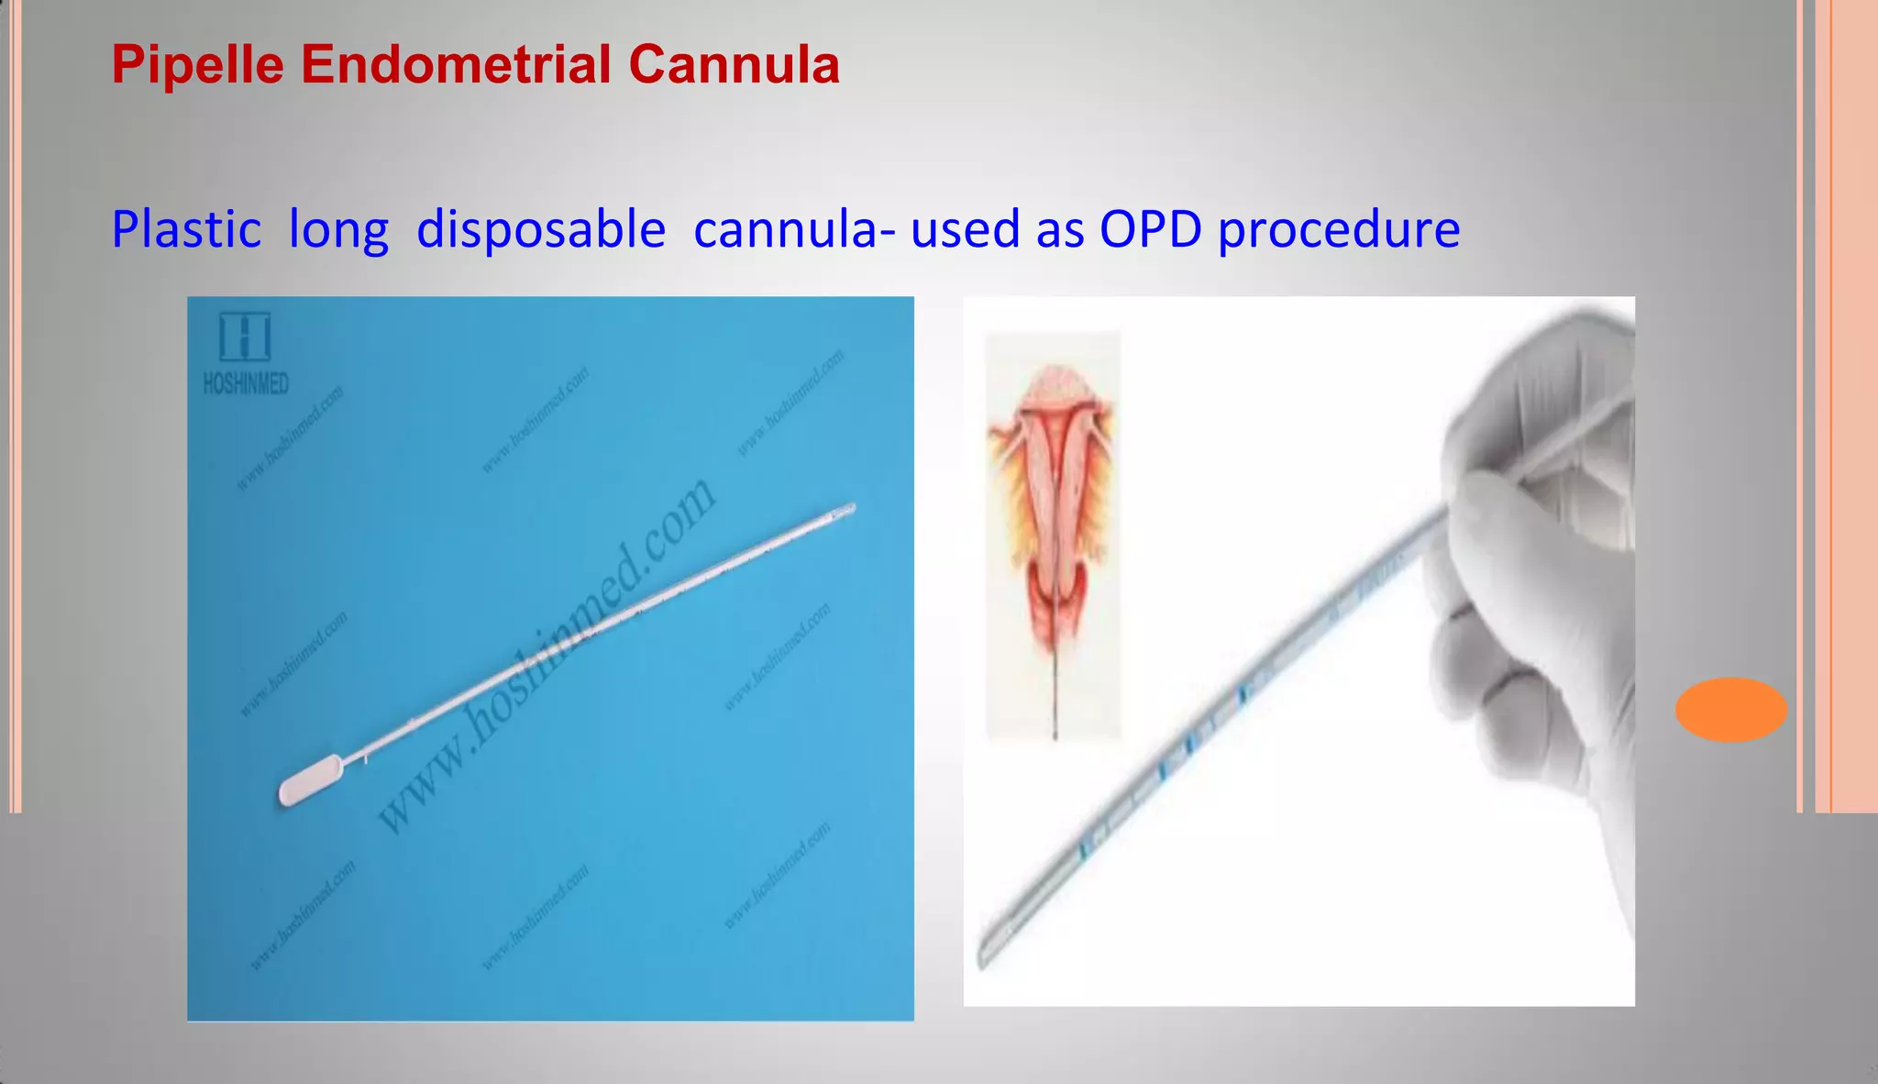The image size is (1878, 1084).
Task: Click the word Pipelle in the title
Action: tap(196, 66)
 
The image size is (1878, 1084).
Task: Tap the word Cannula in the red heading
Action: tap(734, 66)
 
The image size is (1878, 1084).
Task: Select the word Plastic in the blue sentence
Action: tap(186, 229)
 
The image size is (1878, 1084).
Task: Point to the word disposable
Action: tap(540, 229)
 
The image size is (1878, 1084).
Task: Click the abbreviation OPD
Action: tap(1150, 229)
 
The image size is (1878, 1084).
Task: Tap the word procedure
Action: tap(1338, 231)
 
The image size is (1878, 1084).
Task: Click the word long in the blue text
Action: tap(338, 231)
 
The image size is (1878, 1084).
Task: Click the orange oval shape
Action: tap(1730, 709)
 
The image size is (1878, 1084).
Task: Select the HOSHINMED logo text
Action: tap(246, 384)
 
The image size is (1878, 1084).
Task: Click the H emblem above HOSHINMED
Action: tap(245, 337)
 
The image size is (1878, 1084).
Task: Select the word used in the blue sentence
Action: tap(965, 229)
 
